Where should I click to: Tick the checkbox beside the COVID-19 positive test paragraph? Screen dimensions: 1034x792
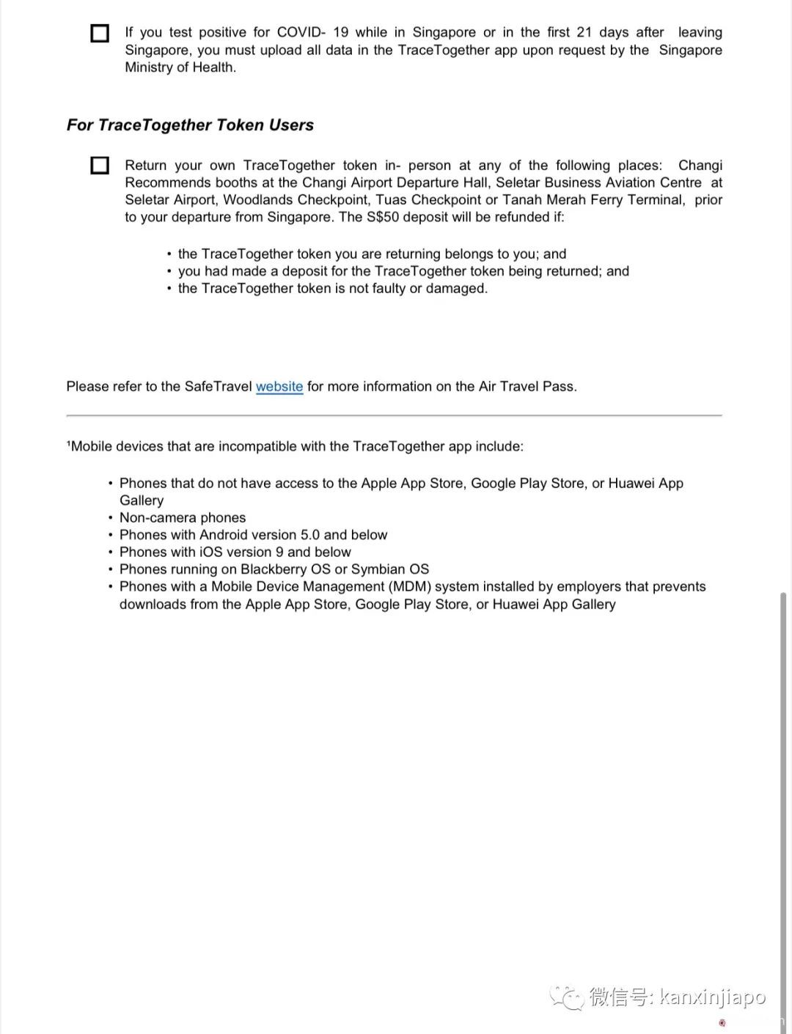(100, 34)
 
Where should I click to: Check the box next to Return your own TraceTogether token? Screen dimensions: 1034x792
(100, 166)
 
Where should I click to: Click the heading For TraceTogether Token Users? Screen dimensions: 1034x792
(190, 125)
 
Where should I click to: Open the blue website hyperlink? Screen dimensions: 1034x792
(279, 386)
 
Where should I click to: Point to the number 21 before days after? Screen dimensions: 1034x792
(584, 32)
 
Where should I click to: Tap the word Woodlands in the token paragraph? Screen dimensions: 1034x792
(257, 200)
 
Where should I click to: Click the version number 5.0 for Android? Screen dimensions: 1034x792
(310, 535)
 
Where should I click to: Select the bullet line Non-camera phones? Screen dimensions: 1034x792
(183, 518)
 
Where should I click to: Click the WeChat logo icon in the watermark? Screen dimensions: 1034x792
(566, 997)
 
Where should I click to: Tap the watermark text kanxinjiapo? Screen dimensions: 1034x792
(712, 997)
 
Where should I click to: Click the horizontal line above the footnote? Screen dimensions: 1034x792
(394, 416)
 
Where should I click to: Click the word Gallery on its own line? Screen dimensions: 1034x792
(142, 501)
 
